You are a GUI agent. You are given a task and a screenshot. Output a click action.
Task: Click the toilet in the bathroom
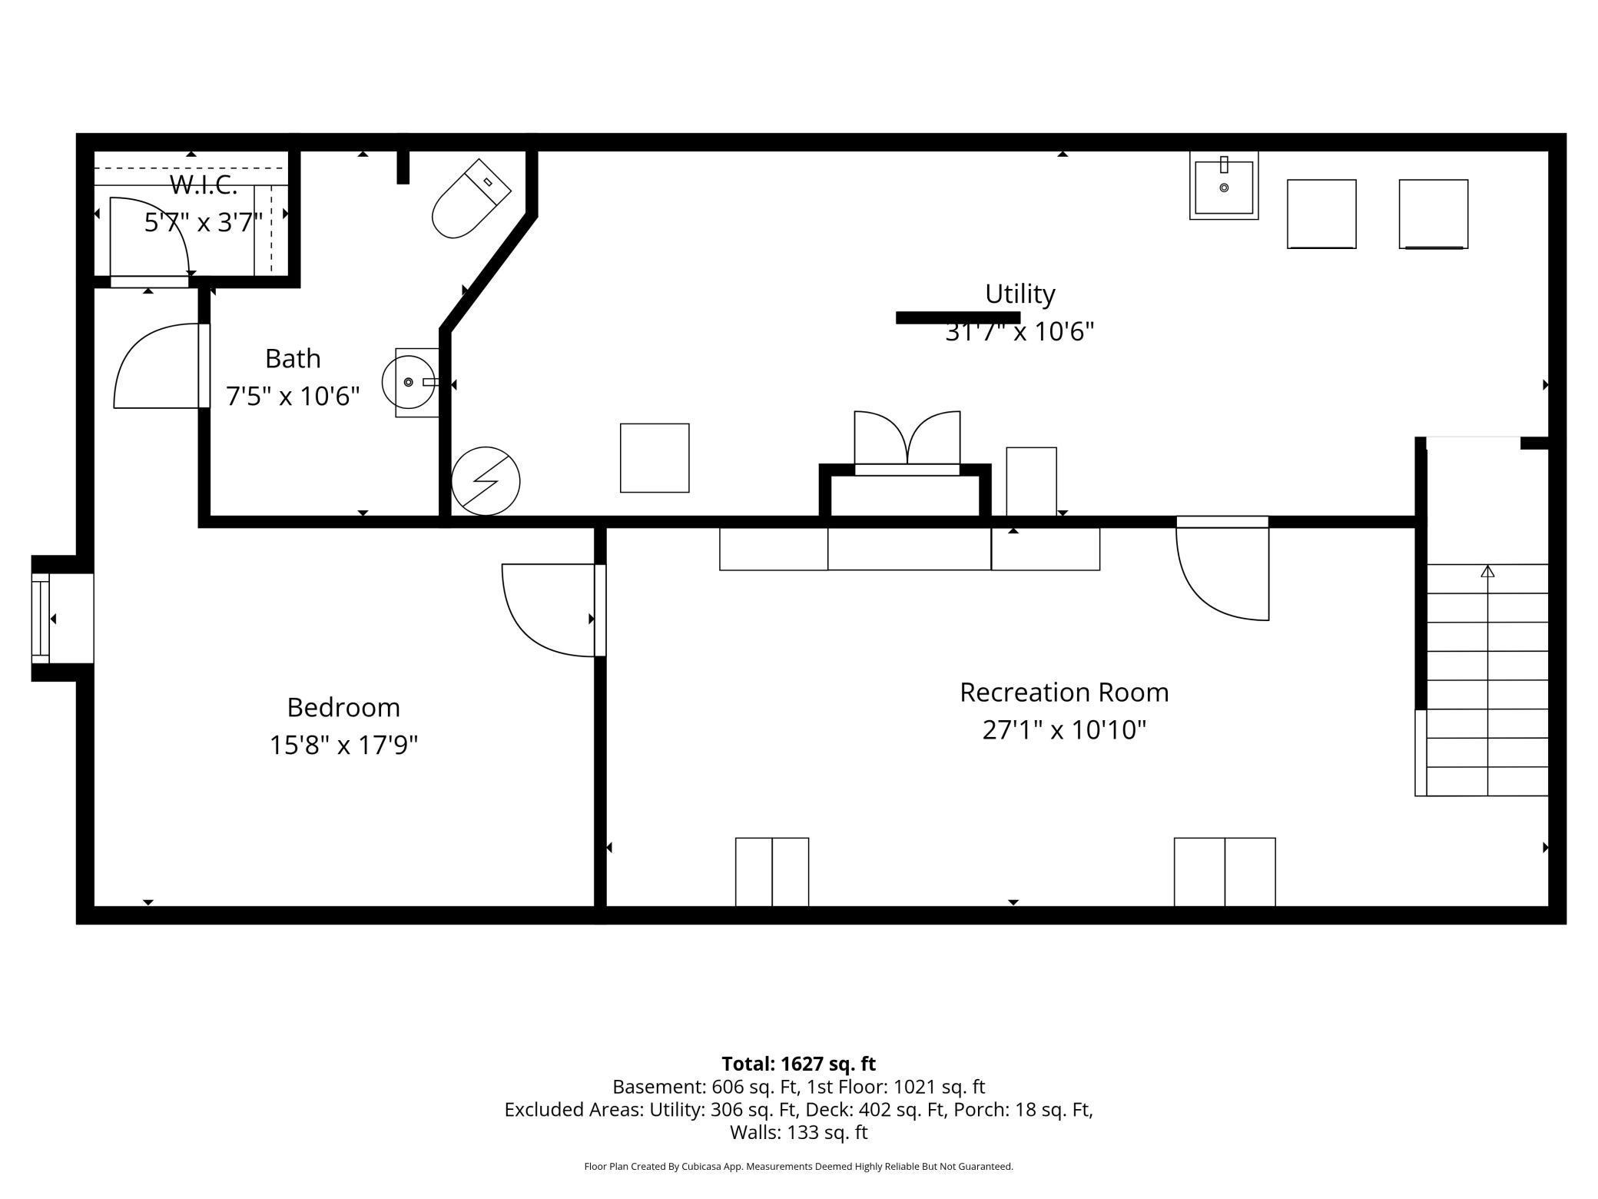(x=470, y=199)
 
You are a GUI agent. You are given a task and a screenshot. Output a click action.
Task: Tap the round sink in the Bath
(x=409, y=382)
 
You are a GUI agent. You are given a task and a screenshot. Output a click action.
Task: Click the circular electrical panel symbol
(x=486, y=481)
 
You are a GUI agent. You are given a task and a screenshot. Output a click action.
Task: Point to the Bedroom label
(x=343, y=707)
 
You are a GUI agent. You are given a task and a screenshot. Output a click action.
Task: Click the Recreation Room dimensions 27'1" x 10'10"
(x=1064, y=729)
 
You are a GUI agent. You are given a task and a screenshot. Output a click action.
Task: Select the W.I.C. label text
(x=203, y=185)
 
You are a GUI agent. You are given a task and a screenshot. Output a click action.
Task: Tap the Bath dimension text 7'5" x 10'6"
(x=293, y=397)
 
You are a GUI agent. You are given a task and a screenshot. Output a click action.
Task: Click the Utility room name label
(x=1019, y=294)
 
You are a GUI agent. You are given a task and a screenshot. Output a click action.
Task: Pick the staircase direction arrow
(x=1487, y=572)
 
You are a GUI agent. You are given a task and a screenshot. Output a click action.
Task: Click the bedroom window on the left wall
(x=41, y=618)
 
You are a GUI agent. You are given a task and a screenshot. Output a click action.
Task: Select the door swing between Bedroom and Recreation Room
(x=547, y=610)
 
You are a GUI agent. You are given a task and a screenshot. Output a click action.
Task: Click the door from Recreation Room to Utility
(x=1222, y=569)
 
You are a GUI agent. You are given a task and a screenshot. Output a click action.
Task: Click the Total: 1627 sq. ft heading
(x=798, y=1064)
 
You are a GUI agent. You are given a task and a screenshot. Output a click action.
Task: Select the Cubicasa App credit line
(x=798, y=1167)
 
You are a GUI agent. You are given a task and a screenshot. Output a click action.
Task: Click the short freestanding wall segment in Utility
(x=957, y=317)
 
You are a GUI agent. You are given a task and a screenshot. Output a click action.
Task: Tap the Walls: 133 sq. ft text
(x=798, y=1132)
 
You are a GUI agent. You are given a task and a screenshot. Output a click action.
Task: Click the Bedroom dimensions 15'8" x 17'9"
(x=343, y=745)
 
